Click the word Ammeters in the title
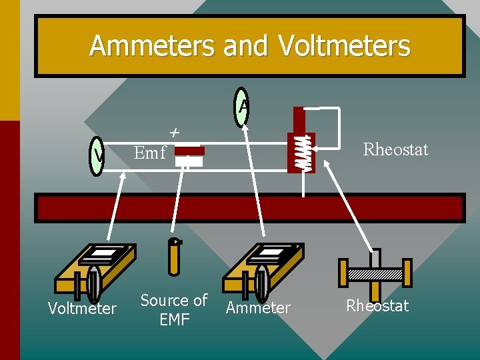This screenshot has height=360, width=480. [x=153, y=46]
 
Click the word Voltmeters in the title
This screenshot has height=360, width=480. [x=344, y=46]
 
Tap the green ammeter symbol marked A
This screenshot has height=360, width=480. [x=242, y=107]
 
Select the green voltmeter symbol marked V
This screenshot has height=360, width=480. [x=97, y=157]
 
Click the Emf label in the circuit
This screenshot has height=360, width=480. [x=149, y=153]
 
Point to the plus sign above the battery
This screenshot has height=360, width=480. [x=174, y=133]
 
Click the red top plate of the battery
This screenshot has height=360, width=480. [x=189, y=151]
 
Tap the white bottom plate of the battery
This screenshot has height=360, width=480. [x=189, y=161]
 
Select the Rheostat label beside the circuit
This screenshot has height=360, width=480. [x=395, y=149]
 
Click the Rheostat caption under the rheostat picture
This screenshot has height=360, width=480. [x=377, y=306]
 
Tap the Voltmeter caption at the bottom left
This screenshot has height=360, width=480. [x=82, y=309]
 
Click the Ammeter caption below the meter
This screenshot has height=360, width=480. [x=258, y=308]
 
